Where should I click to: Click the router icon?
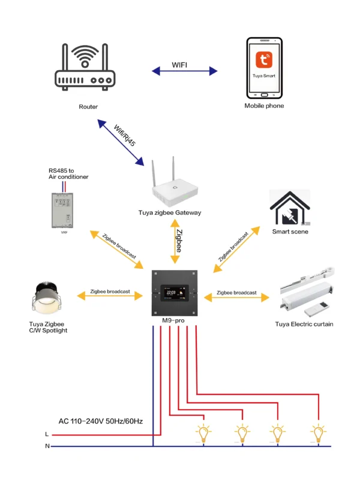point(85,68)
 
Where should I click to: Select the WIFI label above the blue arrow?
point(182,64)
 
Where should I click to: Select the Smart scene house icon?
point(290,208)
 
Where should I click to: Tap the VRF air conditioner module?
point(64,208)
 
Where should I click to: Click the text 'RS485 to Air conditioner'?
point(68,174)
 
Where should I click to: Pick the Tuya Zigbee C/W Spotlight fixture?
point(49,299)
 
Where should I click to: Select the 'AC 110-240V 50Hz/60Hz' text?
point(100,422)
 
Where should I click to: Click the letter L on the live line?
point(47,434)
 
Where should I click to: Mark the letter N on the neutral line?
point(47,446)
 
